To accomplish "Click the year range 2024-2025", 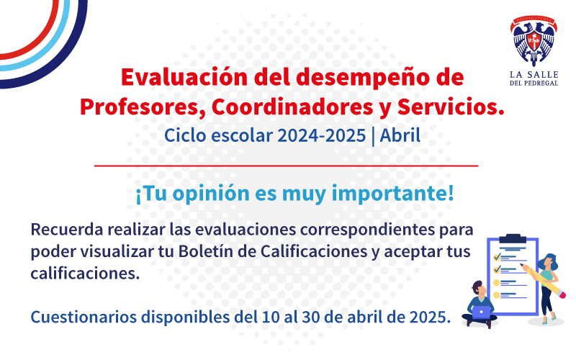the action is pos(321,135).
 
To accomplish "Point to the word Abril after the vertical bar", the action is pos(400,135).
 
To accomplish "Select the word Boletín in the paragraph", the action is pos(206,251).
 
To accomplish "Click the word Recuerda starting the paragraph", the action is pos(67,230).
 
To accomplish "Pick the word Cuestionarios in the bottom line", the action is pos(84,317).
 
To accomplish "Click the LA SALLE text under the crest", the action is pos(534,75).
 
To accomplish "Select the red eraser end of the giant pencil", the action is pos(560,292).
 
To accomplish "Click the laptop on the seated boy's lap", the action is pos(481,312).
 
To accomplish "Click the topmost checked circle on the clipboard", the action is pos(497,257).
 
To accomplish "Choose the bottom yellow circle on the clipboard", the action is pos(496,295).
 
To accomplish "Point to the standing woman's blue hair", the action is pos(549,261).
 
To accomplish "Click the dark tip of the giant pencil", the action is pos(521,264).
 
